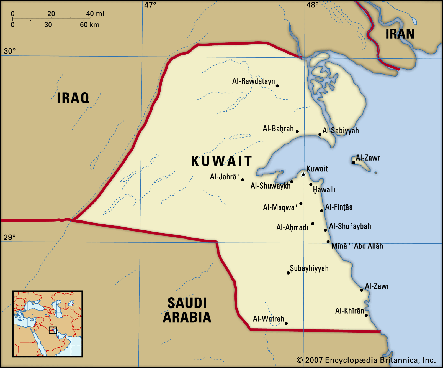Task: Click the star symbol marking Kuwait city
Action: click(303, 174)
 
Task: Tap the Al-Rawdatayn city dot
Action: click(277, 86)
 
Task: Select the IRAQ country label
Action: click(73, 98)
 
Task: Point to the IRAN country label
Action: click(400, 34)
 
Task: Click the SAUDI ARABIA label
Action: click(187, 310)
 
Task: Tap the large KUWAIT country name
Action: click(221, 161)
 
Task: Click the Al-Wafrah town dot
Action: click(286, 323)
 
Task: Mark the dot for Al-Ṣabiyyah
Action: click(320, 134)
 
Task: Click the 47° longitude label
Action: click(150, 5)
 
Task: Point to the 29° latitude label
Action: click(9, 237)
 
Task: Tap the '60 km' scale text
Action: click(89, 25)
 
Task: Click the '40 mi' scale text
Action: click(95, 14)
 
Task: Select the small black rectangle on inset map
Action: click(53, 330)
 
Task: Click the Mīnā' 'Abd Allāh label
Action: click(357, 246)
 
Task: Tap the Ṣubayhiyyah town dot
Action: click(288, 273)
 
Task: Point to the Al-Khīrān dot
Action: click(366, 315)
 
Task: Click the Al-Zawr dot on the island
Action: click(353, 163)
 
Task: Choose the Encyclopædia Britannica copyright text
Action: click(366, 360)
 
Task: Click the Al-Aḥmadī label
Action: click(292, 227)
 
